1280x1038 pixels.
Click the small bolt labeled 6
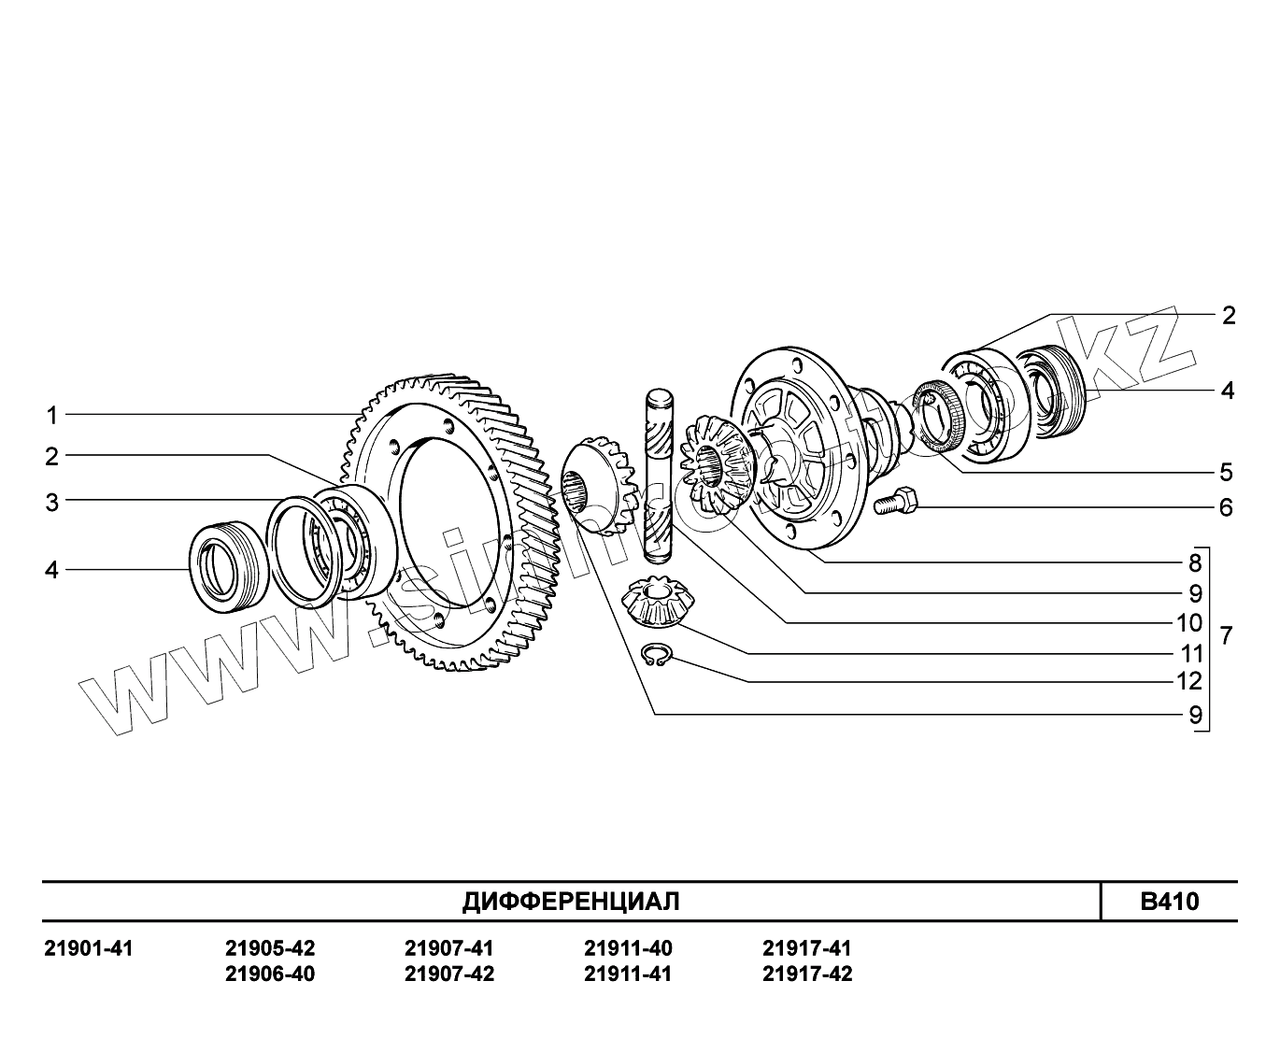coord(895,504)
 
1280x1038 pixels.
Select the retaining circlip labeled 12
coord(658,656)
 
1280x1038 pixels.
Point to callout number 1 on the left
coord(52,415)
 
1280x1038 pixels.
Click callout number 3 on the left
coord(52,503)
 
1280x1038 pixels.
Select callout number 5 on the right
coord(1226,472)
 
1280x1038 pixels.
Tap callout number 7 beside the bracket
coord(1226,637)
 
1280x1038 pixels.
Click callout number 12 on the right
coord(1189,681)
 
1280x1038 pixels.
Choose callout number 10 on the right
coord(1189,622)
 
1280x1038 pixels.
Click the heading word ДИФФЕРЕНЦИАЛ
coord(571,902)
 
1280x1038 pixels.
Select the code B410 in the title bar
coord(1169,902)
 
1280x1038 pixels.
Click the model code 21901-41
coord(89,949)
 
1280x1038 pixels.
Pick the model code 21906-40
coord(270,974)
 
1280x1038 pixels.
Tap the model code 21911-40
coord(628,949)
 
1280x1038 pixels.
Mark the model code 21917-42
coord(807,974)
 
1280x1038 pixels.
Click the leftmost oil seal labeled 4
coord(223,569)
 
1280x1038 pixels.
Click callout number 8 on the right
coord(1195,563)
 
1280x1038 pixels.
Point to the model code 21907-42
coord(449,974)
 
